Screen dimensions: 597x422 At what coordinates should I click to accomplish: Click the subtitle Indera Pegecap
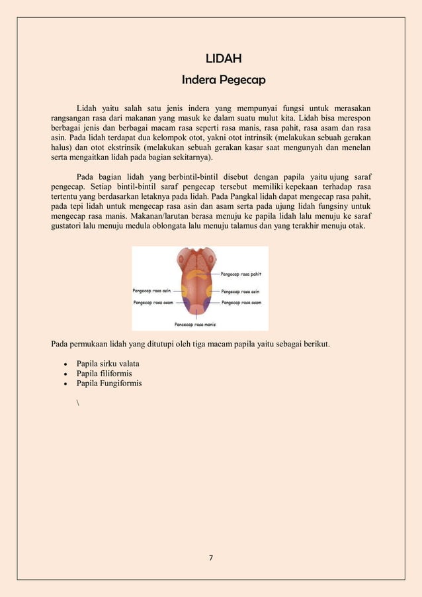click(x=223, y=80)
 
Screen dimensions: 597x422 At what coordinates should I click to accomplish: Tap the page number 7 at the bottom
click(x=211, y=557)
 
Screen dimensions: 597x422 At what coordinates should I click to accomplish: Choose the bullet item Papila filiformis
click(x=104, y=374)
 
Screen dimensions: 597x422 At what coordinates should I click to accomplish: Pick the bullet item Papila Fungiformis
click(x=109, y=383)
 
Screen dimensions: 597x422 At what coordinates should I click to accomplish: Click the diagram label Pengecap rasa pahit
click(x=240, y=272)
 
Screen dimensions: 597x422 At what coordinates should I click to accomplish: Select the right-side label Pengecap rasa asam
click(x=241, y=302)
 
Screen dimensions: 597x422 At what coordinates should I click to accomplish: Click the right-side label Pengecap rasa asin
click(x=239, y=291)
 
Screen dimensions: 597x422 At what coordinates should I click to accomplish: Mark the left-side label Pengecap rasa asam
click(x=153, y=302)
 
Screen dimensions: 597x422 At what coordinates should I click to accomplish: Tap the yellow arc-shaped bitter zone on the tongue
click(x=199, y=272)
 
